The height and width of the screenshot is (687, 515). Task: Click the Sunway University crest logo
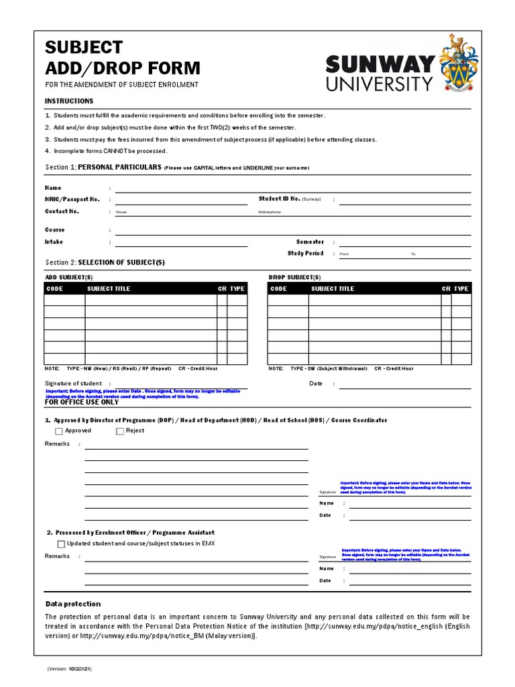pyautogui.click(x=458, y=65)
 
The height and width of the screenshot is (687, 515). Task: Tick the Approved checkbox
pyautogui.click(x=58, y=431)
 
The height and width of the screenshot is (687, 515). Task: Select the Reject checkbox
pyautogui.click(x=120, y=431)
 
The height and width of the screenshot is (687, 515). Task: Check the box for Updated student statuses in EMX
pyautogui.click(x=61, y=544)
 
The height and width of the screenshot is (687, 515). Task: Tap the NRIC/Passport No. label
pyautogui.click(x=72, y=199)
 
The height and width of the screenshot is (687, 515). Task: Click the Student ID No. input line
pyautogui.click(x=404, y=201)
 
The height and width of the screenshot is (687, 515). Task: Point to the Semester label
pyautogui.click(x=310, y=242)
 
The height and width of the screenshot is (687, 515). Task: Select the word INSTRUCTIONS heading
pyautogui.click(x=69, y=101)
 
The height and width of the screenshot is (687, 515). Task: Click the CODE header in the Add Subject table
pyautogui.click(x=54, y=288)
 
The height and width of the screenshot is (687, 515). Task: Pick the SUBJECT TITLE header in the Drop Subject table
pyautogui.click(x=333, y=288)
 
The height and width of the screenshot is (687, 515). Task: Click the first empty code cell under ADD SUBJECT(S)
pyautogui.click(x=64, y=300)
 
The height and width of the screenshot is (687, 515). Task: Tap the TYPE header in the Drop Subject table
pyautogui.click(x=461, y=288)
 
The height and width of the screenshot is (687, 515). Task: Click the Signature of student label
pyautogui.click(x=73, y=384)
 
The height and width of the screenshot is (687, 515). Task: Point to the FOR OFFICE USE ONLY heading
pyautogui.click(x=82, y=403)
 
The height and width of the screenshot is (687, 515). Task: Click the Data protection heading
pyautogui.click(x=72, y=604)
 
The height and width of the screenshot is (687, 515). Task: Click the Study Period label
pyautogui.click(x=305, y=254)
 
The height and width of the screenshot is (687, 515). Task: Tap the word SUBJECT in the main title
pyautogui.click(x=84, y=47)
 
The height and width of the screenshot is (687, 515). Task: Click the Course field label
pyautogui.click(x=55, y=229)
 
